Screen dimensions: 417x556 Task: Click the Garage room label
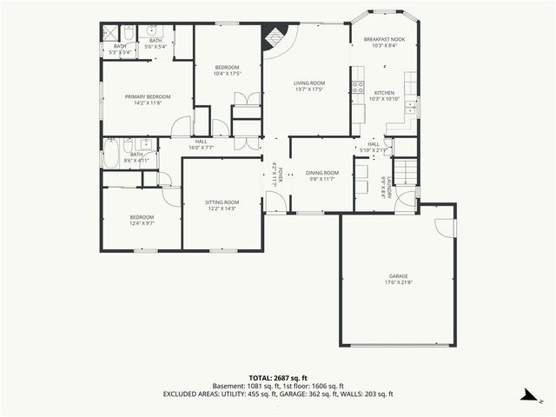point(398,276)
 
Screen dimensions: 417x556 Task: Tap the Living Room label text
point(309,83)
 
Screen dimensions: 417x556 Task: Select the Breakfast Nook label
point(383,40)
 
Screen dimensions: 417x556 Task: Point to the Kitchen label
point(384,93)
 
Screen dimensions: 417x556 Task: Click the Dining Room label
point(322,173)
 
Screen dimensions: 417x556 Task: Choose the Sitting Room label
point(222,202)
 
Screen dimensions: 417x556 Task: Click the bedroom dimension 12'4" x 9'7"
point(142,223)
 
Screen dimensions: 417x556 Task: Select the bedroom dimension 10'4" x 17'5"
point(227,74)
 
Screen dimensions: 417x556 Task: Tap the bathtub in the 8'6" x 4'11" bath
point(111,155)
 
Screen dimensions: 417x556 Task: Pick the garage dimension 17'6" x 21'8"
point(398,282)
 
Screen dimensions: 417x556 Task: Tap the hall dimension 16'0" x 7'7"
point(201,147)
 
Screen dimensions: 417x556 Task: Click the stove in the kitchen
point(357,87)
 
